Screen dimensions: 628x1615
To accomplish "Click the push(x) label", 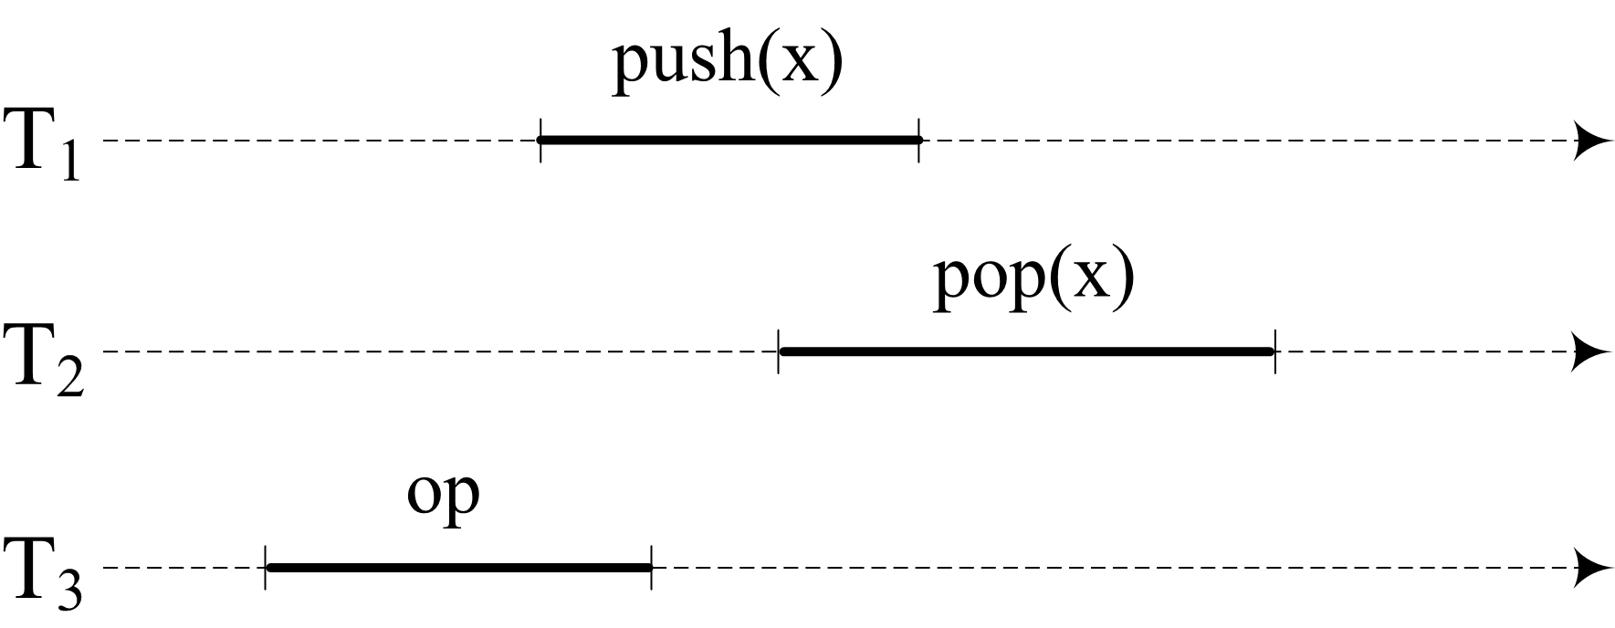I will point(727,65).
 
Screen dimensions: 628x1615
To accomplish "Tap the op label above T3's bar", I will point(443,497).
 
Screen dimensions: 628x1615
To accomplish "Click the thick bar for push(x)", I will point(729,140).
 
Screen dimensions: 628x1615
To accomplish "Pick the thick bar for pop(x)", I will point(1026,351).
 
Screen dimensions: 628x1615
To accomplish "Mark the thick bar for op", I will point(458,568).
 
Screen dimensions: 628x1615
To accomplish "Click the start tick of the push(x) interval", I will point(540,140).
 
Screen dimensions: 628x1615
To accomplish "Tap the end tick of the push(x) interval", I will point(919,140).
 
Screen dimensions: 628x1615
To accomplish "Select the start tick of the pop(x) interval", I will point(779,351).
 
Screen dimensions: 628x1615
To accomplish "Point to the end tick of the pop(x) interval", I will point(1274,351).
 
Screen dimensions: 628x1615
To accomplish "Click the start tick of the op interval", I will point(266,568).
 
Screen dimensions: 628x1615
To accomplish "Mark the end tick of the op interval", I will point(651,568).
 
